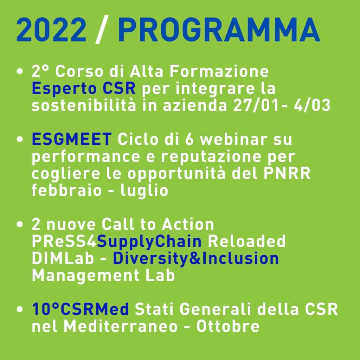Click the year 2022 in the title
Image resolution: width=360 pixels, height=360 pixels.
[x=51, y=30]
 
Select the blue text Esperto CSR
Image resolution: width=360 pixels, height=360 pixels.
[x=84, y=89]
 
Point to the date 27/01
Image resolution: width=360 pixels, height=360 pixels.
[x=256, y=105]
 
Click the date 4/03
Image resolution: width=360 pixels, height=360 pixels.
[x=312, y=105]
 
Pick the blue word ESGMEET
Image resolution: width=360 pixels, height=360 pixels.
[x=72, y=139]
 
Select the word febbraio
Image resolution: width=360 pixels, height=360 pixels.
[x=66, y=190]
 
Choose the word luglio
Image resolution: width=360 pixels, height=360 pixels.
[x=144, y=191]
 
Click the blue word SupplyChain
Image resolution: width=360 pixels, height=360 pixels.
[x=149, y=242]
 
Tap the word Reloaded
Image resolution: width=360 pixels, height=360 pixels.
[x=246, y=241]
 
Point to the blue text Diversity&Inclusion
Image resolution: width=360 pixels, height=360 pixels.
[x=196, y=258]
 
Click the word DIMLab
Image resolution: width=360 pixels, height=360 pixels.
[x=63, y=258]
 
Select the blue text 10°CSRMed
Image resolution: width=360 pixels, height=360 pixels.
[x=81, y=309]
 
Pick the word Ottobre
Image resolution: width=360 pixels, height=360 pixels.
[x=228, y=326]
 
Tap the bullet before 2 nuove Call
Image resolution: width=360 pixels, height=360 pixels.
[x=20, y=224]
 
